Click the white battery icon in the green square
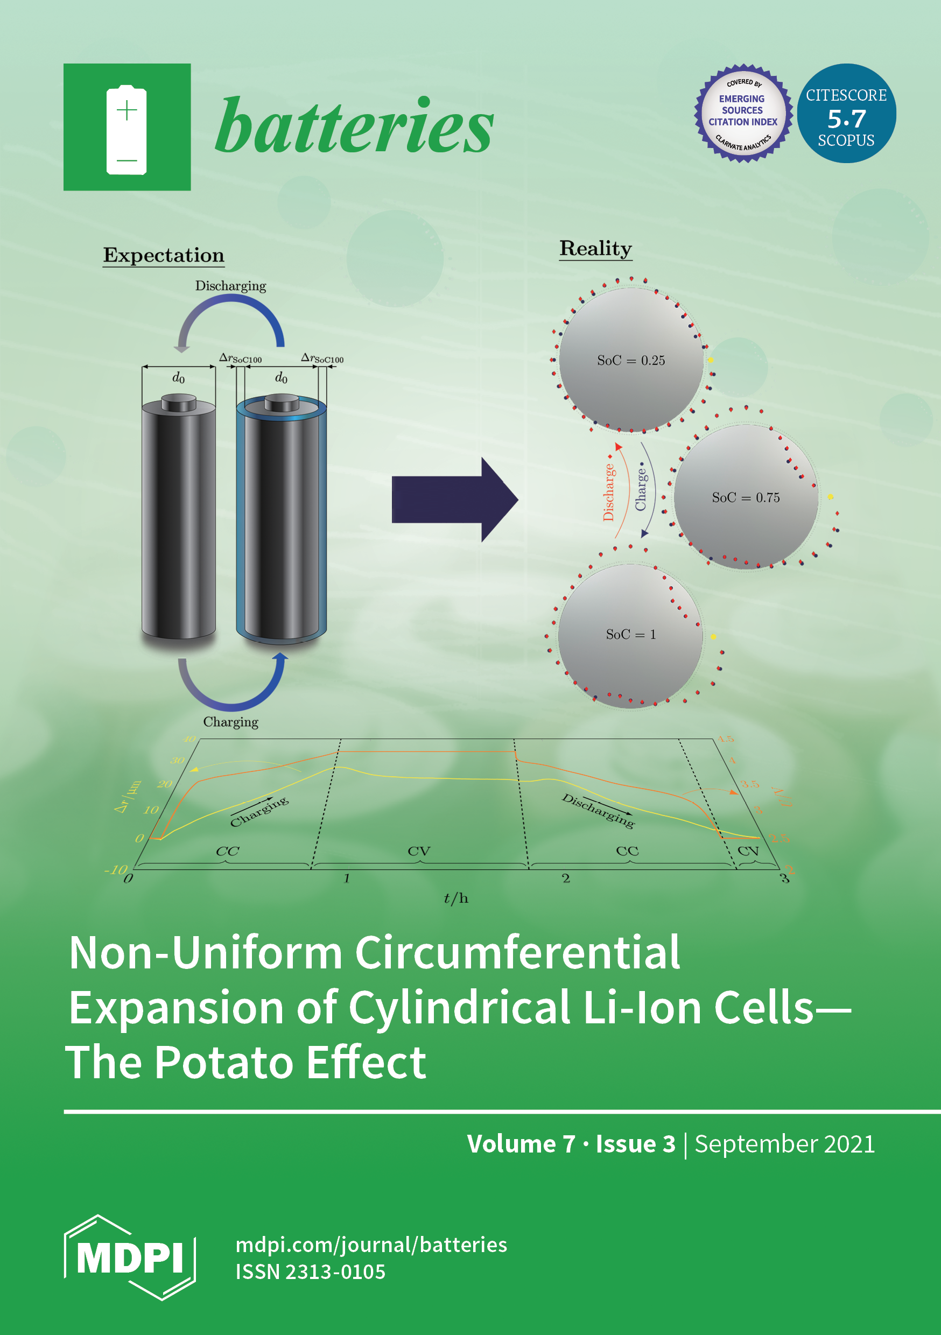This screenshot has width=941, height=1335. coord(126,130)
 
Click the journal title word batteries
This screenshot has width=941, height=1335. coord(354,126)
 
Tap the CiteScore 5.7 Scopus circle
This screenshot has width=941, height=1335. coord(846,114)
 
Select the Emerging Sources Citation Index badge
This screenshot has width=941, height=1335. coord(743,114)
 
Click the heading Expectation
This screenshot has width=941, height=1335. coord(164,255)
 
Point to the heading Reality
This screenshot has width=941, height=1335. coord(595,248)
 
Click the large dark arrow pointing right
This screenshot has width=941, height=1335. coord(454,500)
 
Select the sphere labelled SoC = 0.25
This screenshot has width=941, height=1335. coord(631,361)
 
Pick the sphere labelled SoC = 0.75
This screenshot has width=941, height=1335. coord(746,497)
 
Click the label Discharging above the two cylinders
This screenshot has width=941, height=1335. coord(230,286)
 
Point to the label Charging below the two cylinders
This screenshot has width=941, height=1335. coord(230,722)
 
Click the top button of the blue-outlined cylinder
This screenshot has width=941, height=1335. coord(282,402)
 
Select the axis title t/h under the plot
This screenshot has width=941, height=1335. coord(456,898)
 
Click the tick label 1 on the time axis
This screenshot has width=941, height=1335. coord(347,878)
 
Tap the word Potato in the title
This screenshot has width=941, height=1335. coord(224,1062)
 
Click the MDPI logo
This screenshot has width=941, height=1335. coord(130,1257)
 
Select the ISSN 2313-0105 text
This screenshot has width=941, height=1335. coord(311,1271)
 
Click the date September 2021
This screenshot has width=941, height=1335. coord(784,1144)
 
